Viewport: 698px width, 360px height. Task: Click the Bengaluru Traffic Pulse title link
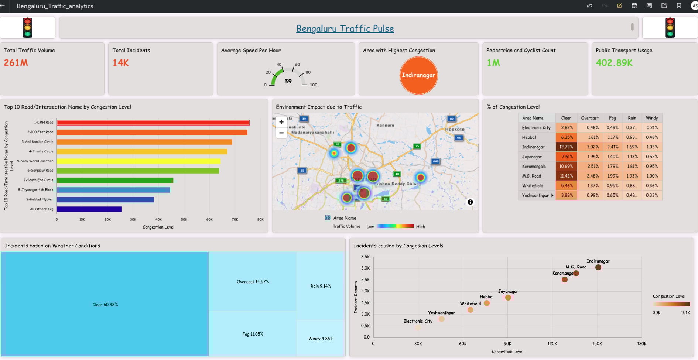[345, 28]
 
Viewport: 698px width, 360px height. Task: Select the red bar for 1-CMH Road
[153, 123]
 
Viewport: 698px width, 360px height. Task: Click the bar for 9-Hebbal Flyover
[105, 199]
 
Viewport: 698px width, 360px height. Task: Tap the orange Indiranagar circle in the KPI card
[418, 75]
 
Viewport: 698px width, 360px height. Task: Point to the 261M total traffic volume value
[16, 63]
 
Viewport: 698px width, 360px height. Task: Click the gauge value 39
[288, 81]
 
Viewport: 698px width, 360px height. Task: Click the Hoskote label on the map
[455, 129]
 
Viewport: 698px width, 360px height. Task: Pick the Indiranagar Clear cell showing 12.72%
[566, 147]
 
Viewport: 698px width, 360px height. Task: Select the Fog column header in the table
[612, 118]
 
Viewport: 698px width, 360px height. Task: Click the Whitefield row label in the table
[533, 186]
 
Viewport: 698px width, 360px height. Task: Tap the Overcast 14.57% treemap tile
[253, 282]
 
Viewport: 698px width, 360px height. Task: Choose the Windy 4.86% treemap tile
[321, 339]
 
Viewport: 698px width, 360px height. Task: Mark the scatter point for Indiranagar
[598, 267]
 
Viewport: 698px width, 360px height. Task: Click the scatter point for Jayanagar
[508, 298]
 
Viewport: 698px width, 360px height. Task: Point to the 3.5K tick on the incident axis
[365, 257]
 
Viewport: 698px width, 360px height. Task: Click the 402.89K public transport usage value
[614, 63]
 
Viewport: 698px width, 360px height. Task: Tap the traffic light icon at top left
[28, 28]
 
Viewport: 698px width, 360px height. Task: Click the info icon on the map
[470, 202]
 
